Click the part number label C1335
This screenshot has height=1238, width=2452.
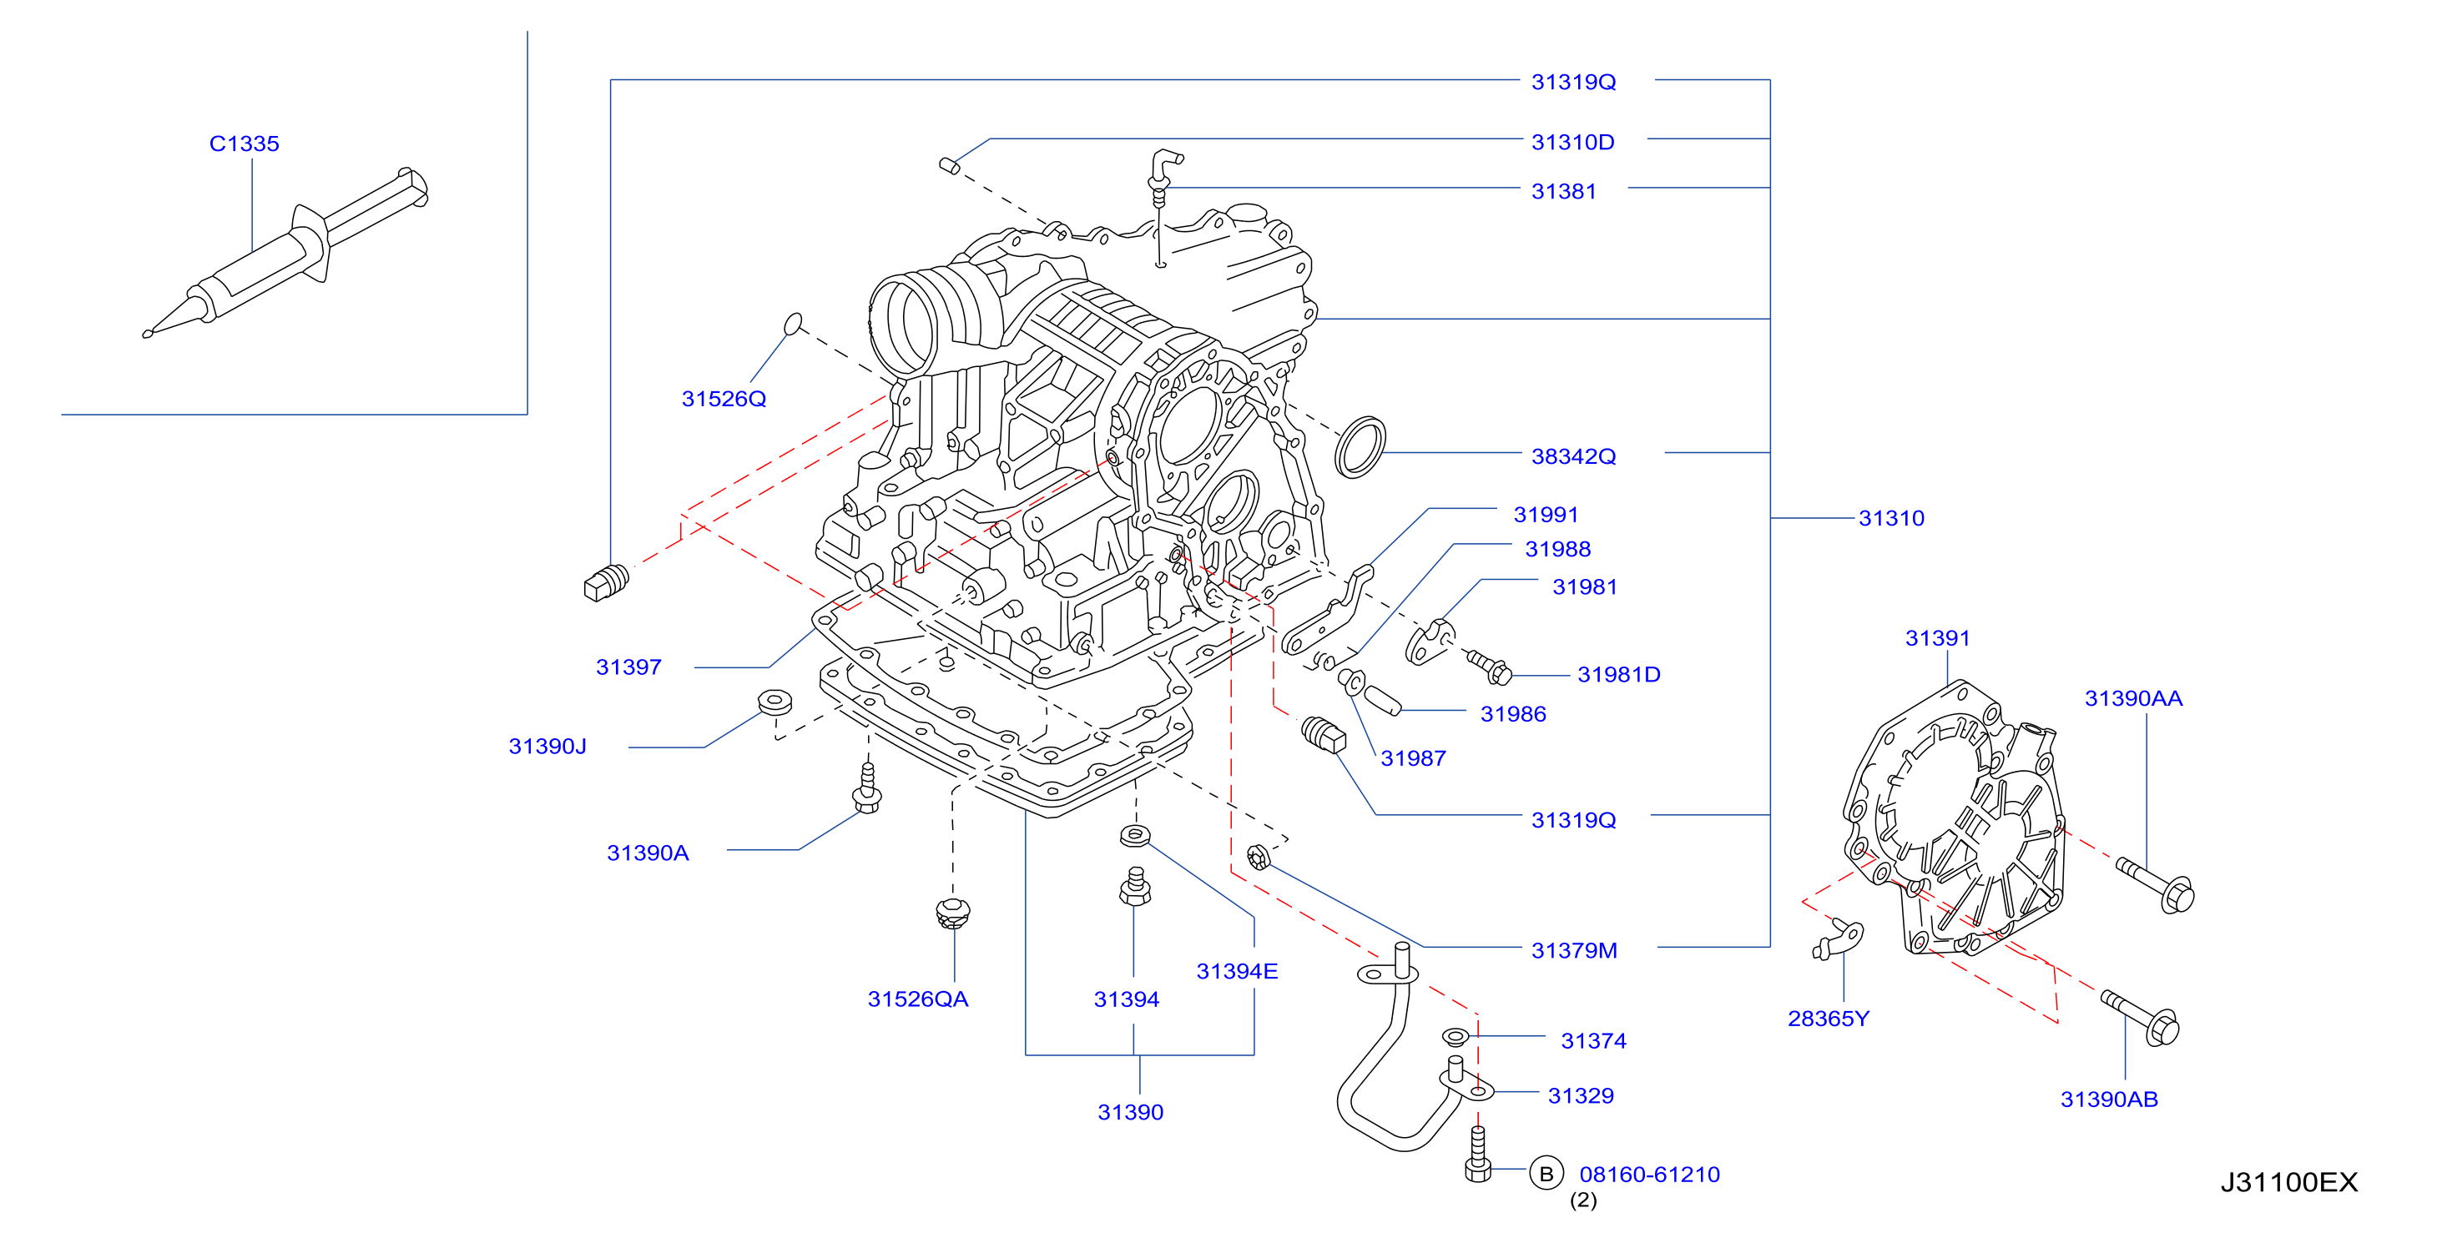pos(244,143)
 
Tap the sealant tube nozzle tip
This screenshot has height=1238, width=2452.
pos(147,333)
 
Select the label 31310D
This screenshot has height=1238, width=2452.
pos(1572,142)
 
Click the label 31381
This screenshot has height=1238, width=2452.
pos(1563,191)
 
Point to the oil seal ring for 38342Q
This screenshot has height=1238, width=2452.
pos(1360,446)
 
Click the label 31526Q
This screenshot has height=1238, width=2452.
pos(724,399)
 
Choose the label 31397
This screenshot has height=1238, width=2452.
pos(628,667)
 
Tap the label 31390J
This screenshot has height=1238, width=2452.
pos(547,746)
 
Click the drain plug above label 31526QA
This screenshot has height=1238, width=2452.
pos(952,913)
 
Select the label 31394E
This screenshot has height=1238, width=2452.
pos(1237,970)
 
